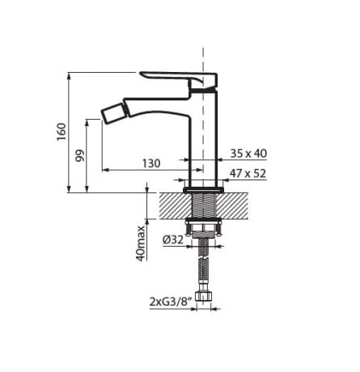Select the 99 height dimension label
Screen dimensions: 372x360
pos(80,156)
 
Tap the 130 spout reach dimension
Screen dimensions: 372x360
pos(150,163)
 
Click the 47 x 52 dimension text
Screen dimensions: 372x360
pos(248,172)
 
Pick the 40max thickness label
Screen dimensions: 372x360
pos(141,242)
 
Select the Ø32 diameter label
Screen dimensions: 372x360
pos(172,239)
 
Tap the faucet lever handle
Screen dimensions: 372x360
pos(178,76)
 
